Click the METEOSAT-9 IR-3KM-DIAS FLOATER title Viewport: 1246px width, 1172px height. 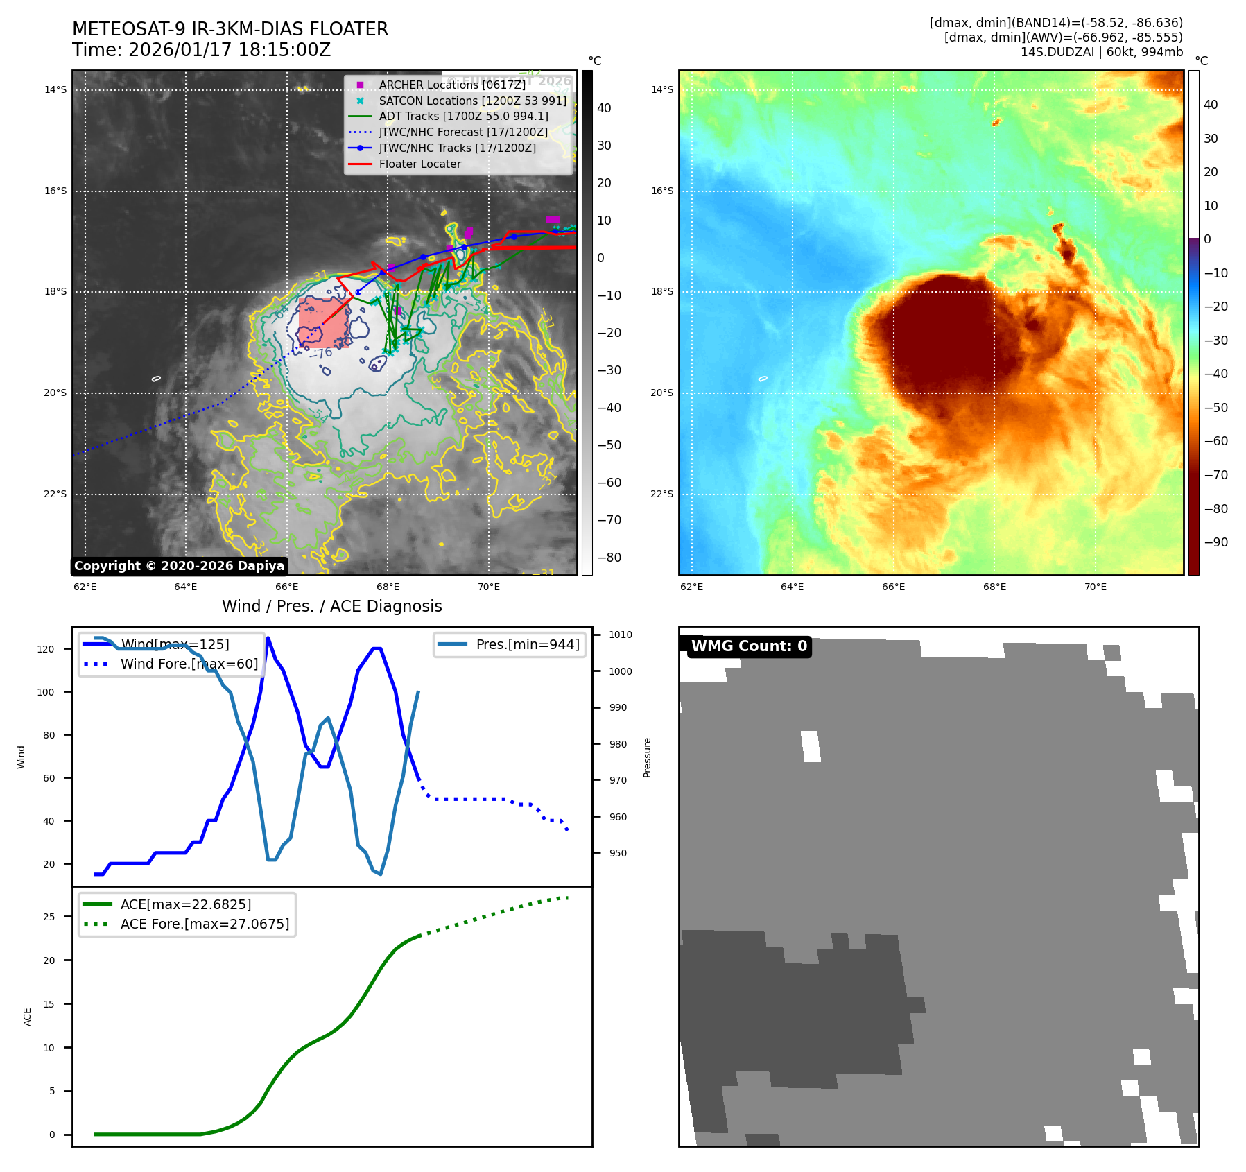(x=230, y=29)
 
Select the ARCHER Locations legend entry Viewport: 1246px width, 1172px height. (x=452, y=85)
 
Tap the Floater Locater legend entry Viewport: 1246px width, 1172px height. (x=419, y=164)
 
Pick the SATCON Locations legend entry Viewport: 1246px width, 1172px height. (x=472, y=101)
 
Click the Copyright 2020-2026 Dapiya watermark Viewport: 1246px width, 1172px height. (x=179, y=566)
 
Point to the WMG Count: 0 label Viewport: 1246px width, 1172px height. (x=749, y=646)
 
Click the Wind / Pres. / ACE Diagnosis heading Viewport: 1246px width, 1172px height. (x=331, y=606)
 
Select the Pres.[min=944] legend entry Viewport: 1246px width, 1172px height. (x=527, y=644)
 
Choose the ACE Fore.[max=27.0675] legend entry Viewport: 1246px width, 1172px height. (x=205, y=924)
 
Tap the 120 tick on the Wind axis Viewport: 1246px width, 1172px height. (x=46, y=649)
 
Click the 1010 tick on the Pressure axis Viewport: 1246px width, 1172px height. (x=621, y=635)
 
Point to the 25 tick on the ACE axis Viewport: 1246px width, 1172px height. (x=49, y=917)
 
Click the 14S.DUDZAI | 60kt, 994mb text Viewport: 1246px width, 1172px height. (x=1101, y=52)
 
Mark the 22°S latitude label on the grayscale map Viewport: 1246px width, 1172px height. (x=55, y=494)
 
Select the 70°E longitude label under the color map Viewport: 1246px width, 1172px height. (x=1095, y=587)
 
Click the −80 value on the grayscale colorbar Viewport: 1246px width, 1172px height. (x=609, y=558)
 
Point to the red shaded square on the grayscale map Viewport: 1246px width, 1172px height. (x=324, y=322)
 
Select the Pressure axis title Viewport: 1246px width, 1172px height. (x=647, y=757)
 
